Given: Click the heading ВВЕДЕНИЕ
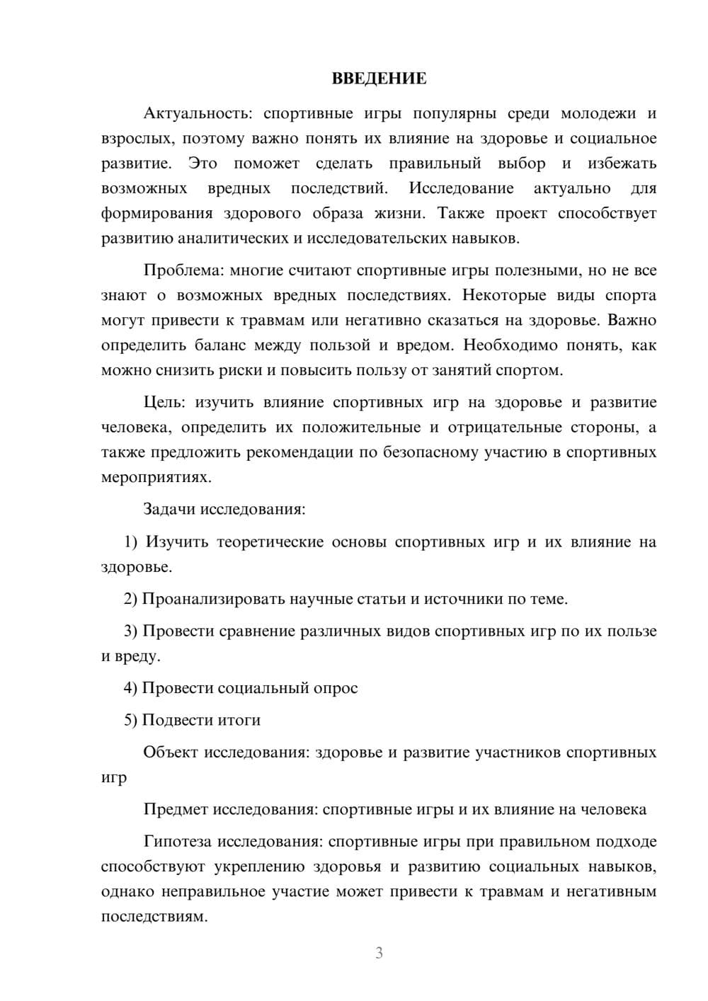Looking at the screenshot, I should click(379, 79).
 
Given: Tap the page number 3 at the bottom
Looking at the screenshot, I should click(379, 953).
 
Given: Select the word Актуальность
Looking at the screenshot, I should click(196, 113).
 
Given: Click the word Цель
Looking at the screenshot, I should click(164, 403).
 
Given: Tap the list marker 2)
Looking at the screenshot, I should click(131, 599).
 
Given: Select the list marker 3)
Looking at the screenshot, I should click(131, 631).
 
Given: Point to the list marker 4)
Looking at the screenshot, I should click(131, 688).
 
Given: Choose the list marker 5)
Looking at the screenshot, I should click(131, 720).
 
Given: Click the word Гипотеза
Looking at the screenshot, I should click(178, 842).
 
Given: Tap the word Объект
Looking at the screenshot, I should click(171, 753).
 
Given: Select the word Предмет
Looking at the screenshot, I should click(176, 809).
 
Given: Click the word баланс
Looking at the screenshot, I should click(220, 345).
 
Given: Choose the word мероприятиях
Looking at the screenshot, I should click(156, 477).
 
